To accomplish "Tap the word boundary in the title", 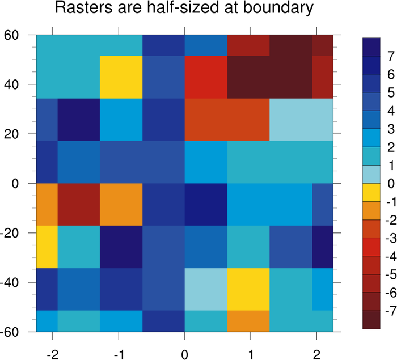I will click(x=279, y=10).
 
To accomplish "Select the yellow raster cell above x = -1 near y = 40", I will click(x=121, y=77).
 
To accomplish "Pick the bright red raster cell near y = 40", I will click(x=206, y=77).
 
